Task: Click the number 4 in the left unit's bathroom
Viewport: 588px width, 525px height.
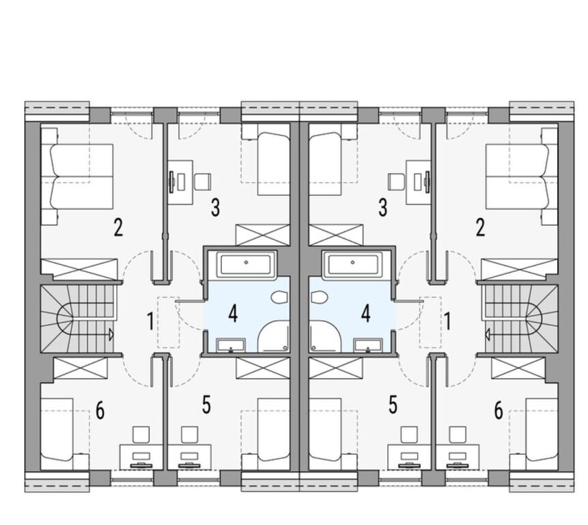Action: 233,314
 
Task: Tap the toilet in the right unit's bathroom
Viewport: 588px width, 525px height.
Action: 320,297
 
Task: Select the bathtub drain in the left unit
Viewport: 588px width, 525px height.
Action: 246,262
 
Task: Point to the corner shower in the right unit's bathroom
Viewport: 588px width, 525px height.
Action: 325,336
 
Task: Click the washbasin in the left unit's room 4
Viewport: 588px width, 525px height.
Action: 231,345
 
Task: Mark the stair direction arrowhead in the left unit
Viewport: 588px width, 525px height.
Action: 111,334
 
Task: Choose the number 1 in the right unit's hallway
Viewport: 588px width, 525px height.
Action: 447,321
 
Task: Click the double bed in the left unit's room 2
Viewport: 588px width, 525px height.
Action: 77,177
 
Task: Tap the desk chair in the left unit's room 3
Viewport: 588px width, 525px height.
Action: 203,181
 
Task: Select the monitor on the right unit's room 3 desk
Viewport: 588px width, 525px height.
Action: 427,182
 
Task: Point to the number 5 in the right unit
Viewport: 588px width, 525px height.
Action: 393,405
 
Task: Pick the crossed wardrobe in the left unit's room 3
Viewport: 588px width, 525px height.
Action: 262,235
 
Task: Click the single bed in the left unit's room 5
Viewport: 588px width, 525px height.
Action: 266,434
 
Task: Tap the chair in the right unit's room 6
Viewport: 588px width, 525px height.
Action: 458,435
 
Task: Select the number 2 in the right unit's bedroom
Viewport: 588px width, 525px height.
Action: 480,228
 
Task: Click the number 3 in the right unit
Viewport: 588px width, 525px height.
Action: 382,208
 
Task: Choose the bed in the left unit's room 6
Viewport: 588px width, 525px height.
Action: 65,434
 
